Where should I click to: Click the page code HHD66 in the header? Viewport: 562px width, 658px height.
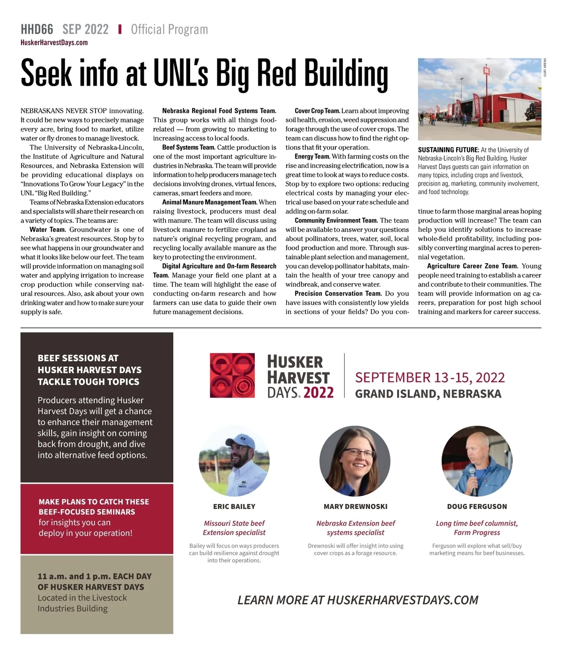tap(37, 30)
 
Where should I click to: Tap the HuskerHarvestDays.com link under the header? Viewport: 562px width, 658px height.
tap(54, 43)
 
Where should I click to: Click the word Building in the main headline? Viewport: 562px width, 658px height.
tap(346, 74)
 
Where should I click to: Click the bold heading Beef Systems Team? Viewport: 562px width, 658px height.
tap(188, 148)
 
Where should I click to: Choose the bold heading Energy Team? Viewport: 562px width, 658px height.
tap(312, 156)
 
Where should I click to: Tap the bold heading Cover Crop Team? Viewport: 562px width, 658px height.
tap(317, 111)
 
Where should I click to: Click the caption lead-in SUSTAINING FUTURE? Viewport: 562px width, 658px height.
tap(448, 150)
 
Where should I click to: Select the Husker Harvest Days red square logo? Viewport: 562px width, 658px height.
tap(232, 376)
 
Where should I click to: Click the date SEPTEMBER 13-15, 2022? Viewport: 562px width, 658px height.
tap(429, 377)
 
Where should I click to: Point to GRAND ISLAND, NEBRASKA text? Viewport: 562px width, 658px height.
tap(428, 394)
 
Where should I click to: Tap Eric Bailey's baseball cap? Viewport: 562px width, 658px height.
tap(241, 441)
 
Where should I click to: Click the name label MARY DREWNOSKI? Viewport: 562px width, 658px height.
tap(355, 506)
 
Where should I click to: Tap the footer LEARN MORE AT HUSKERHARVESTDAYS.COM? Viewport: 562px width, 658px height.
tap(358, 600)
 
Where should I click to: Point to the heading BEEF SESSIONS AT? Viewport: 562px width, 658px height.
tap(78, 358)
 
